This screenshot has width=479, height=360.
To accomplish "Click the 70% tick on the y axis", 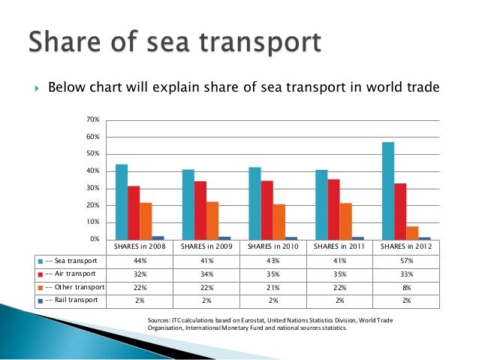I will pos(93,119).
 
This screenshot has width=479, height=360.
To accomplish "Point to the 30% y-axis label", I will pos(93,188).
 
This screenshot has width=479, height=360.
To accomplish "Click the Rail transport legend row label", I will pos(74,301).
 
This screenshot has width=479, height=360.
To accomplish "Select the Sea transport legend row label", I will pos(72,261).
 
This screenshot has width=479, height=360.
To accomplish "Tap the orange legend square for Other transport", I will pos(40,288).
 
